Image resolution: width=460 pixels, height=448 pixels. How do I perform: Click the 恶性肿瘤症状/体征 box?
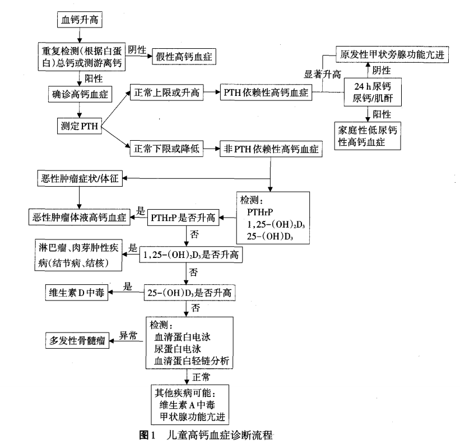pyautogui.click(x=80, y=179)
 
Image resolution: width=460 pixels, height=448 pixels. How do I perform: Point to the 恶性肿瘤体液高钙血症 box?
pyautogui.click(x=80, y=216)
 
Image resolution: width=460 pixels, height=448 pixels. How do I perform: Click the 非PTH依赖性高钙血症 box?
pyautogui.click(x=270, y=149)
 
